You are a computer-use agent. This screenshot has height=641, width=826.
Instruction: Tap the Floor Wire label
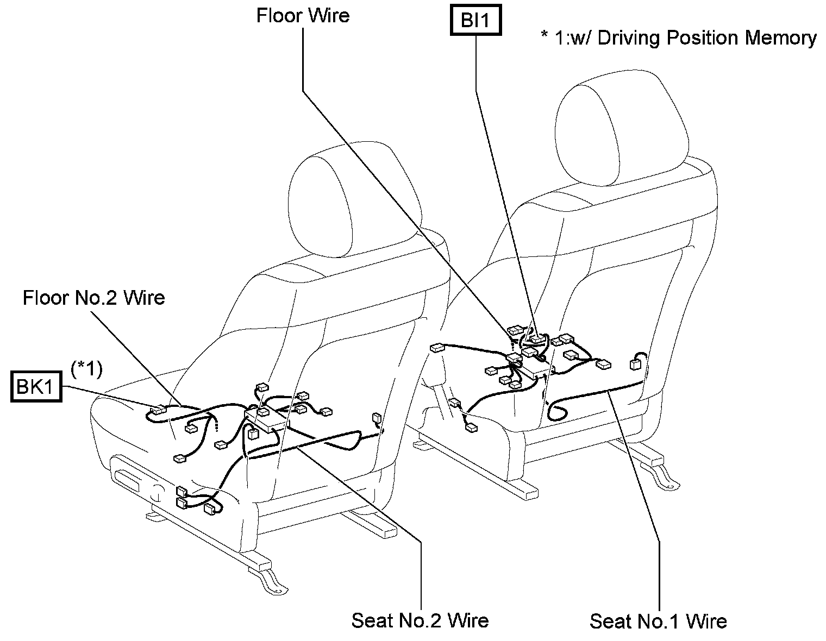pos(303,15)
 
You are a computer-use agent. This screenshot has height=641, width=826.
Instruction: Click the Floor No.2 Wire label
pos(94,298)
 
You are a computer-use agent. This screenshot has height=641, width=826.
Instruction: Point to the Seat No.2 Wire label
pos(420,620)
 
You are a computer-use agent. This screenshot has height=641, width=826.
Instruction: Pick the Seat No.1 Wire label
pos(658,621)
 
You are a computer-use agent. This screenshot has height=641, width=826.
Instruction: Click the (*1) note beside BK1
pos(86,369)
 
